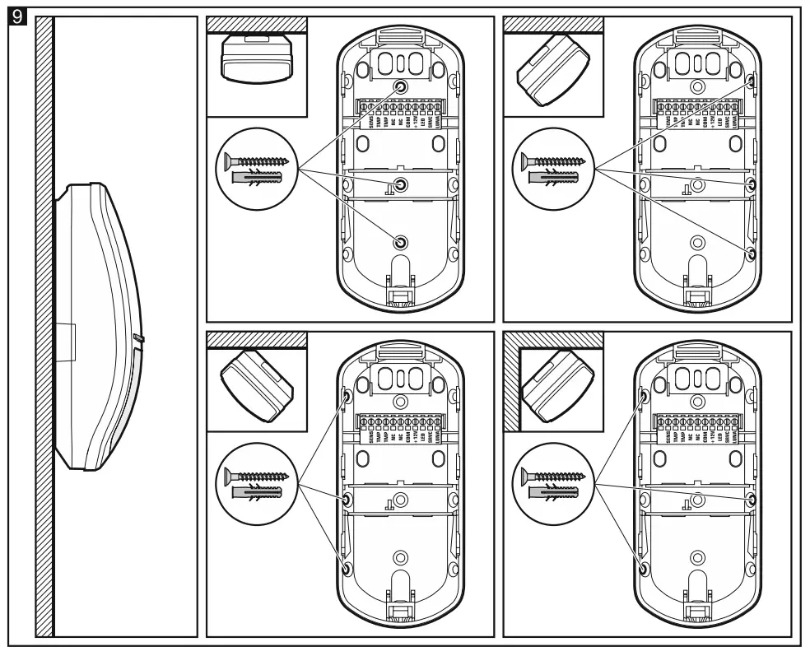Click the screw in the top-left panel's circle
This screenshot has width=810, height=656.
259,162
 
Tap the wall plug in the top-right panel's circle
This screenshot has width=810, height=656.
554,179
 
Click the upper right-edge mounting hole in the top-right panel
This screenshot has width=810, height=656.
752,82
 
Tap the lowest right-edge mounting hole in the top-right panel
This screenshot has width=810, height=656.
751,252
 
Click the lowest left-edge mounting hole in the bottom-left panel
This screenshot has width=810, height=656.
347,569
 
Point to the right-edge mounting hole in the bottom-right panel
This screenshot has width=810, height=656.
751,500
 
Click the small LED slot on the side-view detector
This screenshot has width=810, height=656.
139,337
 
